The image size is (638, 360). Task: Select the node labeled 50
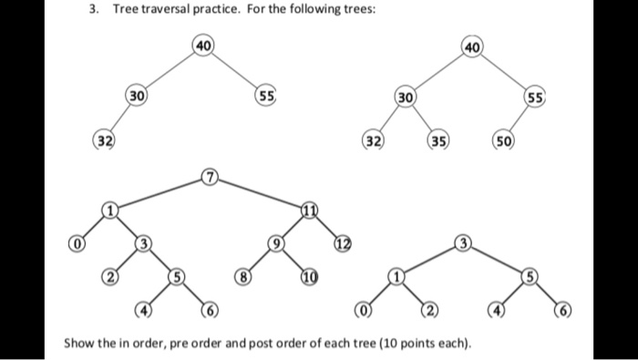coord(504,141)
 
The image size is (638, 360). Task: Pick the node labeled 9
coord(273,243)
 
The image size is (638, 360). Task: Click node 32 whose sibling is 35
coord(373,141)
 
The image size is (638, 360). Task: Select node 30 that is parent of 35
coord(406,97)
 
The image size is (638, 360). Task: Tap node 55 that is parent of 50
coord(535,97)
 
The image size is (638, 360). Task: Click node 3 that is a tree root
coord(464,243)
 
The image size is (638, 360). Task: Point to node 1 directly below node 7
coord(110,211)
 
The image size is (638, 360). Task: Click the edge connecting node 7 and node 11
coord(260,193)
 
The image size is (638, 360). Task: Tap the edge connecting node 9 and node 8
coord(257,260)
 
